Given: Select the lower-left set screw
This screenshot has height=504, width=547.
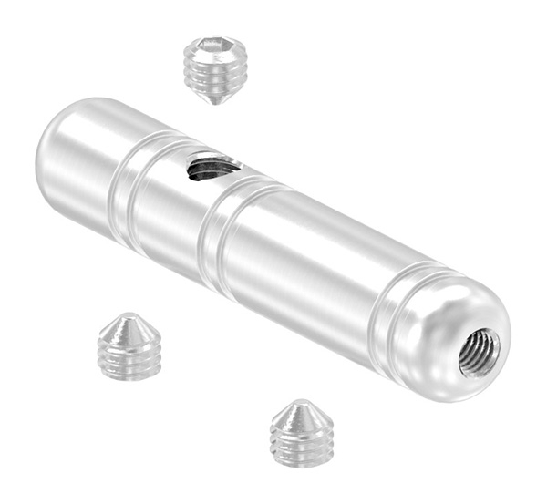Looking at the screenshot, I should pyautogui.click(x=129, y=345).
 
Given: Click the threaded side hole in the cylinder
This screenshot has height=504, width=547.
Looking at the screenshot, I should pyautogui.click(x=212, y=167).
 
